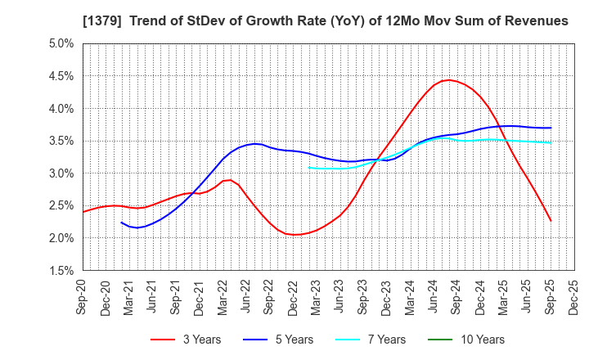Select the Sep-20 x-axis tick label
(x=83, y=296)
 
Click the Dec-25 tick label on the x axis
(x=574, y=296)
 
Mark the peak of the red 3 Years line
(x=447, y=79)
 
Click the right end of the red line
(x=551, y=221)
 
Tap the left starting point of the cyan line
(x=309, y=167)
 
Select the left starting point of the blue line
(x=121, y=222)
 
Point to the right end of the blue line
(x=551, y=128)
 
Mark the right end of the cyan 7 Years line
(x=551, y=143)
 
